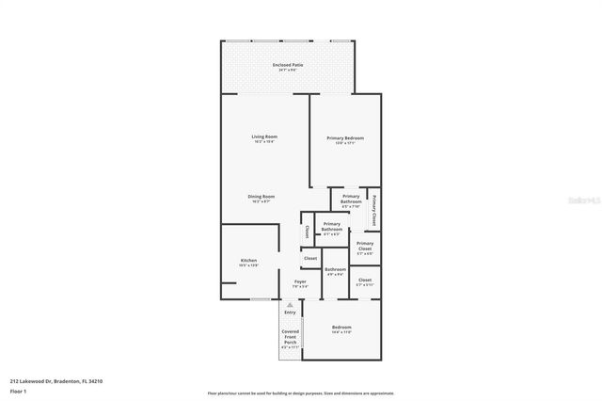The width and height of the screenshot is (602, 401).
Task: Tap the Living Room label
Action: [x=263, y=139]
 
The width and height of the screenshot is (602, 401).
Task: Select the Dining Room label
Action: [x=261, y=198]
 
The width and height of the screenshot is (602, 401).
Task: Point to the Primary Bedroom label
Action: [x=345, y=139]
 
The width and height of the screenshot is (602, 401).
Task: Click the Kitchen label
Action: [x=248, y=263]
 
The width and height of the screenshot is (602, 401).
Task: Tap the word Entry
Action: [x=290, y=312]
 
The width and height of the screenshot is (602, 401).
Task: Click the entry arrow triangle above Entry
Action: [x=290, y=304]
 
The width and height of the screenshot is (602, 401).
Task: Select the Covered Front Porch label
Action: [x=290, y=336]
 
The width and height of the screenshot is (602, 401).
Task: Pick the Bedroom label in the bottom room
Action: [x=341, y=329]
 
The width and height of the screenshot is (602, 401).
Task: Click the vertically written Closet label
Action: [x=307, y=232]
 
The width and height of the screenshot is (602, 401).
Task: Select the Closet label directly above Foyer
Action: [x=310, y=258]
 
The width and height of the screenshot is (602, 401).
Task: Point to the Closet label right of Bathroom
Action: [x=365, y=281]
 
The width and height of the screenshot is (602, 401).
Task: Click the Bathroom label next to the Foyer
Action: [x=335, y=272]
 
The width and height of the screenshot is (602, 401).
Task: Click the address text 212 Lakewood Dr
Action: [x=55, y=381]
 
